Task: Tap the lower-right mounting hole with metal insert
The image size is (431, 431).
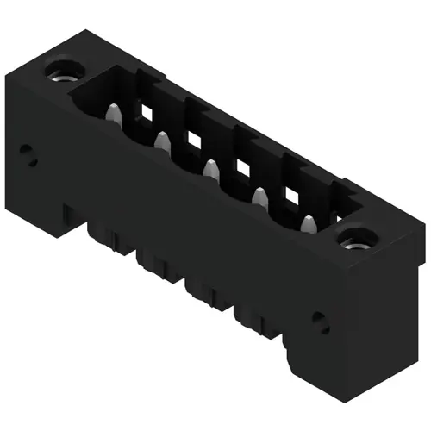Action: (x=355, y=240)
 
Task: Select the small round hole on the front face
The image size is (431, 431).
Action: (x=320, y=321)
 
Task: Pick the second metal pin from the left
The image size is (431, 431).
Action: (x=161, y=139)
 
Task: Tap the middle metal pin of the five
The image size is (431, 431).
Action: (x=209, y=167)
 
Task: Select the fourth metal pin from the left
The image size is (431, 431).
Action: (x=258, y=197)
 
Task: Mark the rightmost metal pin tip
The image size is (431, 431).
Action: (x=308, y=226)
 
